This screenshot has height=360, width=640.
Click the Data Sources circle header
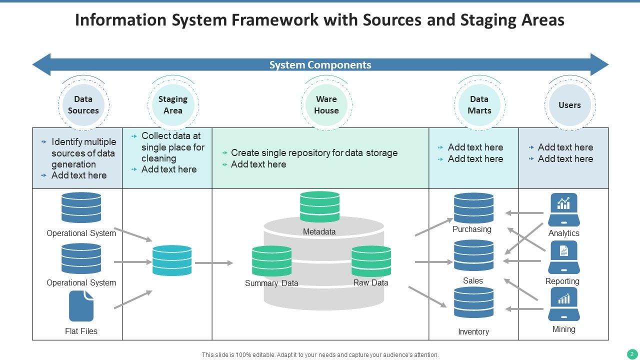83,105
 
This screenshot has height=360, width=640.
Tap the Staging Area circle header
173,105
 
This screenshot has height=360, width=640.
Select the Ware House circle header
326,105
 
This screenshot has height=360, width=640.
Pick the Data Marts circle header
479,105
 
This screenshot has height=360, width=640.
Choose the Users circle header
569,105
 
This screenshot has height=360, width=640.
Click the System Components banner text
320,65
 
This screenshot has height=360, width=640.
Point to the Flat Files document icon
81,306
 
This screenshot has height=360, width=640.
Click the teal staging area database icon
172,260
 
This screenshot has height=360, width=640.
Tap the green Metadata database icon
319,207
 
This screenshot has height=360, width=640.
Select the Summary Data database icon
271,261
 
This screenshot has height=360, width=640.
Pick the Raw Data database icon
371,261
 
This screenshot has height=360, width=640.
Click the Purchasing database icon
473,208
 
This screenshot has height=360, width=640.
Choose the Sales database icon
473,256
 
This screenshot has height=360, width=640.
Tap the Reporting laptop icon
563,257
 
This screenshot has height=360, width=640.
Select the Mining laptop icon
563,304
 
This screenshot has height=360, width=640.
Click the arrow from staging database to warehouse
214,262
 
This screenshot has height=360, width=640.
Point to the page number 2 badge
631,354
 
